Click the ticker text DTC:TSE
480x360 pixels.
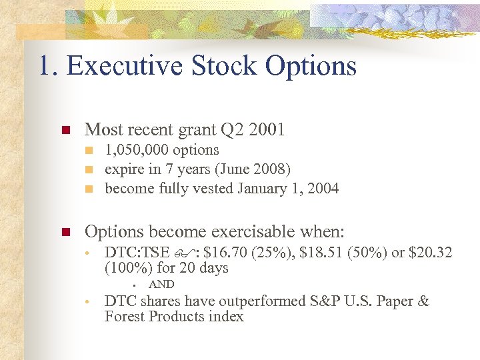point(137,253)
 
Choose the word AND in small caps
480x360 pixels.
point(161,285)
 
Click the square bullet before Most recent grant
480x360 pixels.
point(65,130)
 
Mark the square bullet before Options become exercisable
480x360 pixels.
point(65,233)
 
